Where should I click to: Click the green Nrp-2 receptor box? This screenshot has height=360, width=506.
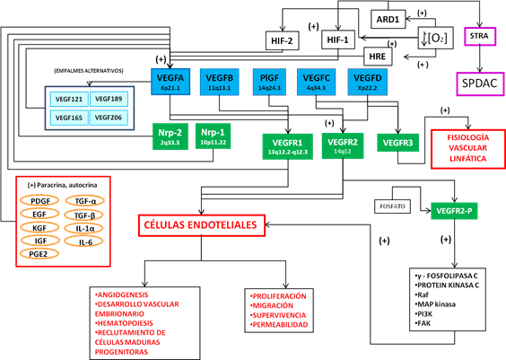tap(170, 136)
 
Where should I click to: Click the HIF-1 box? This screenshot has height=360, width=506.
tap(339, 39)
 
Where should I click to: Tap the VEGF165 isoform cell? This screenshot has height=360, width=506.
tap(68, 117)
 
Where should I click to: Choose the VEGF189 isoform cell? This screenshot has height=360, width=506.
tap(108, 98)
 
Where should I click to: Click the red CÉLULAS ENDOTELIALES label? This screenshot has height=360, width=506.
tap(200, 224)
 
